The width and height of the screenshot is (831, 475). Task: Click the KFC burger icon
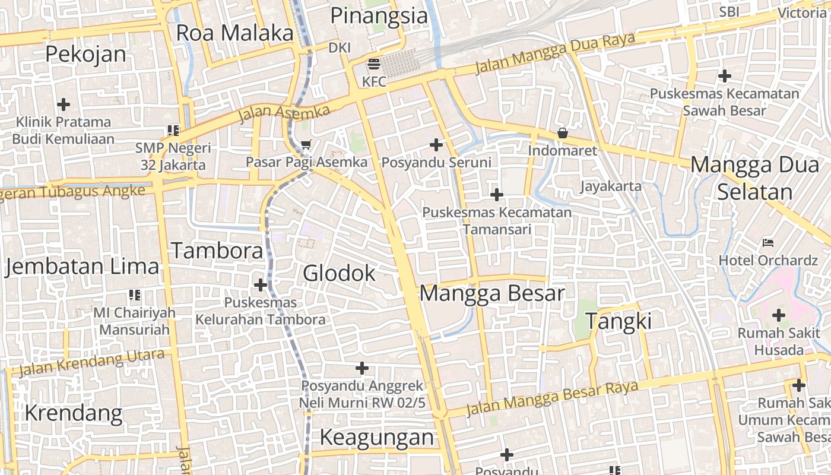pos(374,64)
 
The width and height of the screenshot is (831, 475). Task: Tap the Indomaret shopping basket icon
pos(562,133)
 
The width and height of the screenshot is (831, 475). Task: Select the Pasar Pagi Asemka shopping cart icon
pos(306,144)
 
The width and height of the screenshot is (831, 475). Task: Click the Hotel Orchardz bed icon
pos(768,243)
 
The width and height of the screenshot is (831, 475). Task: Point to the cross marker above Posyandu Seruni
pos(436,144)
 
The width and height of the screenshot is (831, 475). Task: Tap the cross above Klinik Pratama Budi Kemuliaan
pos(63,104)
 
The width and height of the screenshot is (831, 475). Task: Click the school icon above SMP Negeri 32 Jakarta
pos(173,130)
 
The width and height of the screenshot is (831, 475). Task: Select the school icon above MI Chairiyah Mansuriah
pos(134,294)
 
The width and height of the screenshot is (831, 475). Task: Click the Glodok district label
pos(339,273)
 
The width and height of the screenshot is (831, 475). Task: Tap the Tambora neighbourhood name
pos(217,251)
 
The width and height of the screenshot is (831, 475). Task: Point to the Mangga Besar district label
pos(492,293)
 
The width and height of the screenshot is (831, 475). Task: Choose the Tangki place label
pos(619,321)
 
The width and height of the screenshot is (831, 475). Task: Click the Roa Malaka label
pos(234,33)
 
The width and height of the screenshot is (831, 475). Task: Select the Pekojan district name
pos(85,54)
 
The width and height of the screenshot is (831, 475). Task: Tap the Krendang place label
pos(74,413)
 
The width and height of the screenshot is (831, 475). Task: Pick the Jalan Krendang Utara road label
pos(91,363)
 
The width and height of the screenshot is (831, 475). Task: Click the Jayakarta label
pos(610,186)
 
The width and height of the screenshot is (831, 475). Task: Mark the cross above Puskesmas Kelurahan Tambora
pos(260,285)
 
